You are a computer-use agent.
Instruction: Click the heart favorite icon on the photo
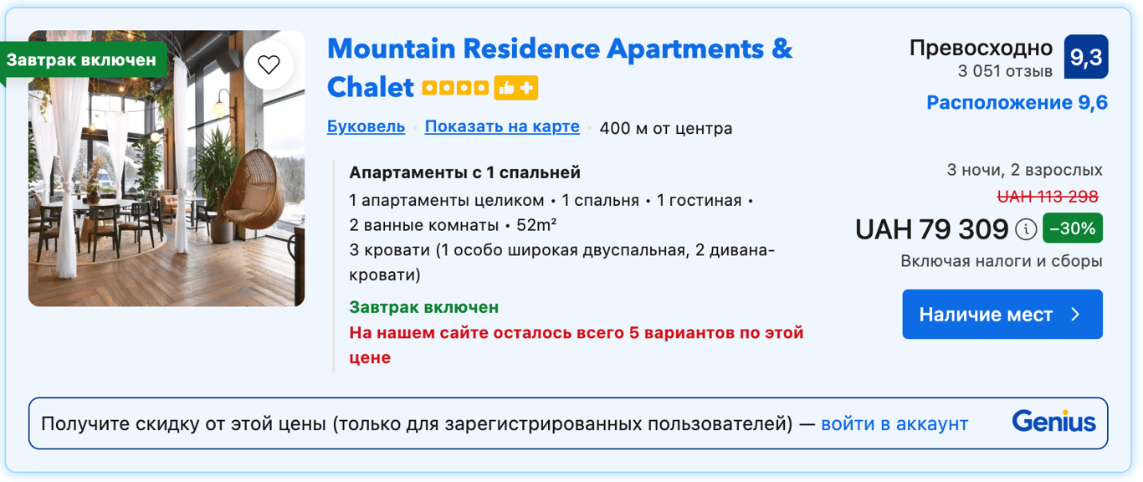(269, 64)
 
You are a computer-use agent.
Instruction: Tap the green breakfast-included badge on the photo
(83, 60)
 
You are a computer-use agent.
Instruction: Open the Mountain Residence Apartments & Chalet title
(560, 68)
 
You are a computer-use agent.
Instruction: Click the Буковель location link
(366, 126)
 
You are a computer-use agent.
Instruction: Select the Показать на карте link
(502, 126)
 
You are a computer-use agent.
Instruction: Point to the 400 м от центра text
(666, 128)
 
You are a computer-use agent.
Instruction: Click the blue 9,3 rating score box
(1086, 57)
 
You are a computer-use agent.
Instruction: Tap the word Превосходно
(981, 49)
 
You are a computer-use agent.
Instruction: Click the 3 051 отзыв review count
(1005, 71)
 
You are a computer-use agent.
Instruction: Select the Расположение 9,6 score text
(1017, 103)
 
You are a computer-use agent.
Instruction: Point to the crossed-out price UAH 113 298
(1048, 197)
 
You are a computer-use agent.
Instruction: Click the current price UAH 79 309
(932, 229)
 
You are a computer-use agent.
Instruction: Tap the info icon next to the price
(1026, 229)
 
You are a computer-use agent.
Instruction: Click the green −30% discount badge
(1073, 228)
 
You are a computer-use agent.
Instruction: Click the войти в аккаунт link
(894, 424)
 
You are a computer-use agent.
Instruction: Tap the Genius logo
(1053, 422)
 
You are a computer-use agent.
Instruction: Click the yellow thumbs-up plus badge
(516, 88)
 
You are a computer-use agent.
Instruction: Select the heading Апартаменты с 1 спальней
(465, 172)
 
